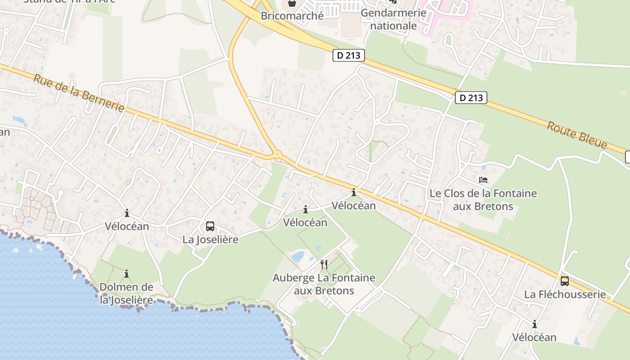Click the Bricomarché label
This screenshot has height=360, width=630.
[x=292, y=16]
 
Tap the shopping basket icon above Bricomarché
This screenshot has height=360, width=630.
[x=292, y=4]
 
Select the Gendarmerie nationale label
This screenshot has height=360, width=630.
[x=393, y=19]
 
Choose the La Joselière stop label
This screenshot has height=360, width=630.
[x=210, y=239]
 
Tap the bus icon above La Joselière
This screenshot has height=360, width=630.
[x=210, y=226]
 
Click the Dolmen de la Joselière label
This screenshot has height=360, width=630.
[x=126, y=293]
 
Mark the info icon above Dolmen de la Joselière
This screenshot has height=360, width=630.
[x=126, y=274]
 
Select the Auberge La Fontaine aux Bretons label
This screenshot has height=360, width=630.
[x=324, y=284]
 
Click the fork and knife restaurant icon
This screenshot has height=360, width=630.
[x=324, y=264]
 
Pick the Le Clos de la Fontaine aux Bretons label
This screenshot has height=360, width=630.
[x=483, y=200]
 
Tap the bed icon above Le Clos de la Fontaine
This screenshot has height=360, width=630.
[x=483, y=180]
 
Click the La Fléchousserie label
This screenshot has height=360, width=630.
[x=565, y=294]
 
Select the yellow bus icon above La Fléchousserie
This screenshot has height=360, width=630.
[x=564, y=281]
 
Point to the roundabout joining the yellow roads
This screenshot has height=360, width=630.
[x=276, y=155]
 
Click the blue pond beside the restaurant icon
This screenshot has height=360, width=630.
[x=298, y=256]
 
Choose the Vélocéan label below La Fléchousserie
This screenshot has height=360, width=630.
[x=534, y=337]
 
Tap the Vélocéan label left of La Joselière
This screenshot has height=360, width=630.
[x=126, y=226]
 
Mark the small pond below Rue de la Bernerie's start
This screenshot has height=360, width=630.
[x=20, y=120]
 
